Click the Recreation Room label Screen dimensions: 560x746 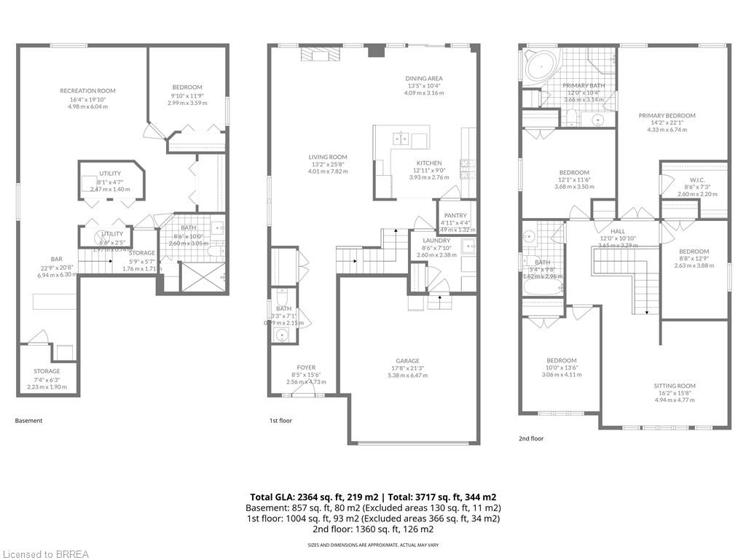coord(87,91)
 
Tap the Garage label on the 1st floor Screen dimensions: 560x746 coord(407,361)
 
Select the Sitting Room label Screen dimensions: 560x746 coord(675,386)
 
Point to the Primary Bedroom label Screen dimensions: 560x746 coord(667,115)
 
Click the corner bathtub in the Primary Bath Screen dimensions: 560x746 coord(540,69)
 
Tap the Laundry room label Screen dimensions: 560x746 coord(437,241)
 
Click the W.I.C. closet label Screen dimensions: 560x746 coord(697,179)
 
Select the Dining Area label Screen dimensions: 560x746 coord(424,79)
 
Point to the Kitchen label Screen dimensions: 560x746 coord(428,163)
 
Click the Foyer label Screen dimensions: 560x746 coord(306,367)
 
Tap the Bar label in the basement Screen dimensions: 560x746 coord(57,259)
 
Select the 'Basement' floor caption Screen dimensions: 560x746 coord(29,421)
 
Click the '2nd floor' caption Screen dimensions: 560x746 coord(532,438)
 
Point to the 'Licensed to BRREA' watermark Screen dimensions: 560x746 coord(45,554)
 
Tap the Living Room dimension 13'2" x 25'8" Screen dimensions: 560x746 coord(327,164)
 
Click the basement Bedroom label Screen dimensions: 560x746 coord(187,87)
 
